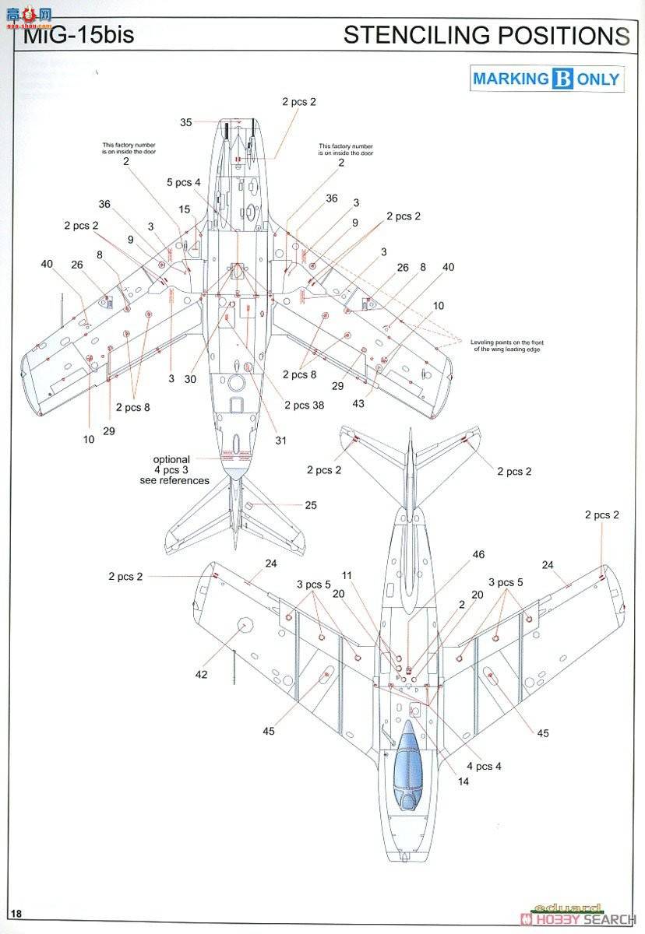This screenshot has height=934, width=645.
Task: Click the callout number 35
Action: coord(186,122)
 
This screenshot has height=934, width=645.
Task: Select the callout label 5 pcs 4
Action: coord(184,182)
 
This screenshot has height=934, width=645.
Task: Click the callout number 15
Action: coord(184,209)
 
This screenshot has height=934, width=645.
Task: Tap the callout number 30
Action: coord(190,380)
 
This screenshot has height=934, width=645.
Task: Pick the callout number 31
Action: coord(280,441)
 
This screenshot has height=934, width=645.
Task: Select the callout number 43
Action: coord(358,403)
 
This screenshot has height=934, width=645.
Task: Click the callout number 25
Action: coord(311,506)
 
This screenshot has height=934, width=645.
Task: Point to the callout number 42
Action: coord(201,675)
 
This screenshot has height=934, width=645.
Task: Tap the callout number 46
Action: coord(478,555)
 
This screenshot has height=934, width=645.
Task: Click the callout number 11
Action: coord(347,576)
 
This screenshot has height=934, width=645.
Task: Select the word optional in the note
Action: coord(171,459)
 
